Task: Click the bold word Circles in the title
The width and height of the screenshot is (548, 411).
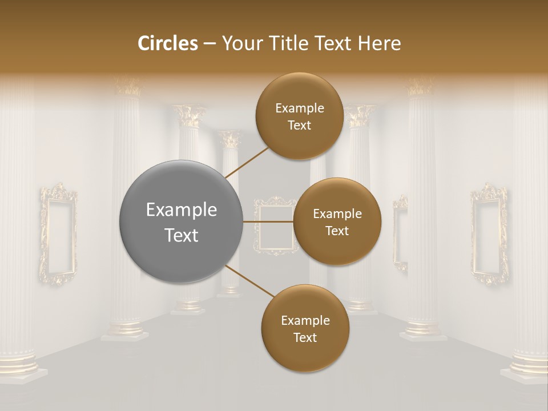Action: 168,43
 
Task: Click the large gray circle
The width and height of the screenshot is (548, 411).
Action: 181,221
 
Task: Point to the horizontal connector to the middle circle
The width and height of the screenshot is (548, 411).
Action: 268,221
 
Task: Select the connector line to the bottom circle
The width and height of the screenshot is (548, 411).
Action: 249,281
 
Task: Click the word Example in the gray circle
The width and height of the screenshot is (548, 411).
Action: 182,210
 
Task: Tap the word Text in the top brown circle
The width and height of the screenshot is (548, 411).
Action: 299,125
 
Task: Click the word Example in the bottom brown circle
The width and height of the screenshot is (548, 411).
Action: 305,320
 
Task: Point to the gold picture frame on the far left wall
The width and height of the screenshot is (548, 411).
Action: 58,234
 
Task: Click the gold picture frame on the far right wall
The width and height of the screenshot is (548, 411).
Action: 489,234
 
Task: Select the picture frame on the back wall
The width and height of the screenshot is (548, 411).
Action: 275,225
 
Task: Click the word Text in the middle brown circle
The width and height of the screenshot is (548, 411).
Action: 337,231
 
